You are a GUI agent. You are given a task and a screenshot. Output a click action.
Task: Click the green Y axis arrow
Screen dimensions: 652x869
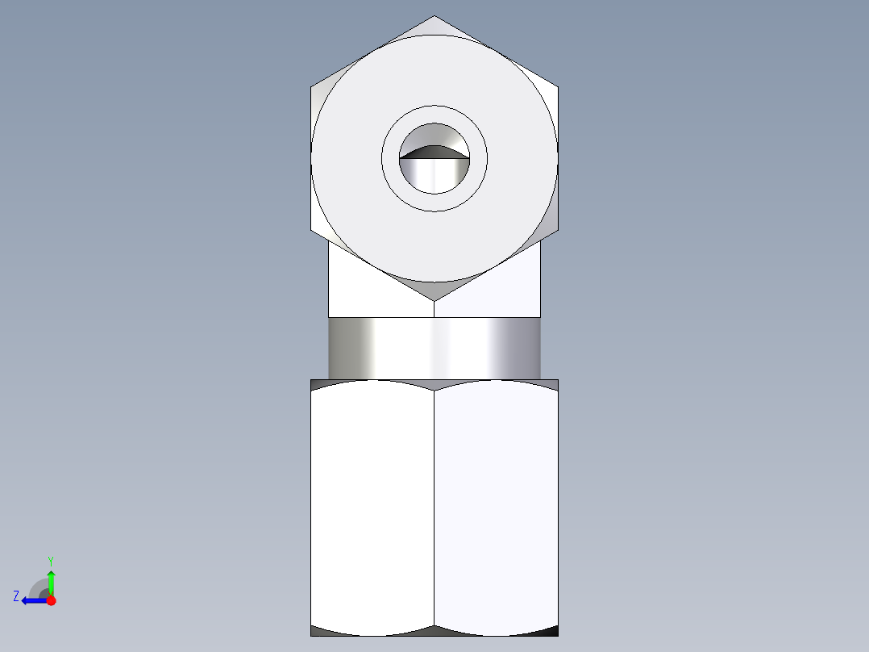[x=51, y=580]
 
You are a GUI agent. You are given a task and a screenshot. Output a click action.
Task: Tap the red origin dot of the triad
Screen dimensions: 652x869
[x=51, y=600]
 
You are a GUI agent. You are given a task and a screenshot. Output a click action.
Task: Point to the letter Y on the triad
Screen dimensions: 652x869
[x=50, y=560]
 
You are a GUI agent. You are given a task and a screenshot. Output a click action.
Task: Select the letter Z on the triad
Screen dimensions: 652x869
[x=16, y=596]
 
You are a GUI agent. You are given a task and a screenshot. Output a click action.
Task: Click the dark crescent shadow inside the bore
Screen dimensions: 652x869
[x=434, y=152]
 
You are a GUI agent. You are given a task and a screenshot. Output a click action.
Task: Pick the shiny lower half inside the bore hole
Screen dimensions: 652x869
[x=434, y=175]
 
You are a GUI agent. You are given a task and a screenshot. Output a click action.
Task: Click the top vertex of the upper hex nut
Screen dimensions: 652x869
[x=434, y=17]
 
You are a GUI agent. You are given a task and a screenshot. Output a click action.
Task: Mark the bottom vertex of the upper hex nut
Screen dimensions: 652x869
[x=434, y=300]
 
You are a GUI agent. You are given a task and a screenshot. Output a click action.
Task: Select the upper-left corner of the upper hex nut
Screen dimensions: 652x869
[x=312, y=86]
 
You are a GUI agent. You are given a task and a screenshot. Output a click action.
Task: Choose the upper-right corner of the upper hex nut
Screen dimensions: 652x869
[x=557, y=86]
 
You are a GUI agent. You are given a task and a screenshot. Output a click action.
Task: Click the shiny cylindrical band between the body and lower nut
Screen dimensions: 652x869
[x=434, y=348]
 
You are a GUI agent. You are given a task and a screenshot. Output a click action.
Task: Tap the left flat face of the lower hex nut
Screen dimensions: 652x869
[x=372, y=504]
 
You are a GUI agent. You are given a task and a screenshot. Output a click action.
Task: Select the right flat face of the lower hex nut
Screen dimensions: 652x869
[x=496, y=504]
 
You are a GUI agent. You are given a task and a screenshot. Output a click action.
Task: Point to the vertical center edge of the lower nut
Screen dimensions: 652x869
[x=434, y=508]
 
